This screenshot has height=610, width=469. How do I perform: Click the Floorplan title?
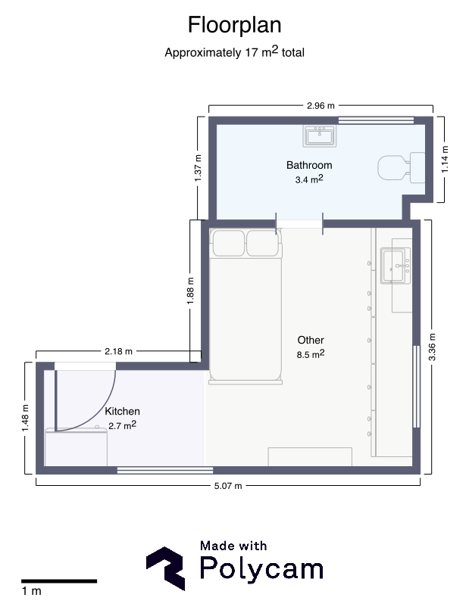pos(235,25)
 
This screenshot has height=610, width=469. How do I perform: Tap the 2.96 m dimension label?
pos(320,106)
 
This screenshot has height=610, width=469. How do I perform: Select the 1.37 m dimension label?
pos(198,168)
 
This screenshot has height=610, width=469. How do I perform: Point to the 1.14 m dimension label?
pos(445,159)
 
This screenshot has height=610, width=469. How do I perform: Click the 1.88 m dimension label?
pos(190,291)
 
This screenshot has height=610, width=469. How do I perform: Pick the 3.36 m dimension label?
pos(432,347)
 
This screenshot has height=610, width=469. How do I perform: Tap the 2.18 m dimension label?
pos(118,352)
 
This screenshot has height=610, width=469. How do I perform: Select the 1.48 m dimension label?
pos(25,418)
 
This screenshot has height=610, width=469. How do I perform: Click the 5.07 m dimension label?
pos(228,486)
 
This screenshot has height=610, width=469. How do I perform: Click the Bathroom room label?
pos(309,165)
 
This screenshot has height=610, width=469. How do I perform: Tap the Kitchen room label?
pos(122,411)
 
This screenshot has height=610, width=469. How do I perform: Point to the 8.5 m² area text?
pos(311,354)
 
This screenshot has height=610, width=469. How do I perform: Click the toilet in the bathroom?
pos(402,168)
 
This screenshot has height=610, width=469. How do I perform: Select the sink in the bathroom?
pos(320,135)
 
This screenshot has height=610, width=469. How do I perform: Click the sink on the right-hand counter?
pos(396,266)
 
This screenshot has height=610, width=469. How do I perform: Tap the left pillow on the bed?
pos(228,244)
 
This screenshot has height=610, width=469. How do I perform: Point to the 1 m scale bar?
pos(59,581)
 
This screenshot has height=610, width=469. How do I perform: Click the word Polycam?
pos(261,569)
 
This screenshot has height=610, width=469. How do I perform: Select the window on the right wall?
pos(417,387)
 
